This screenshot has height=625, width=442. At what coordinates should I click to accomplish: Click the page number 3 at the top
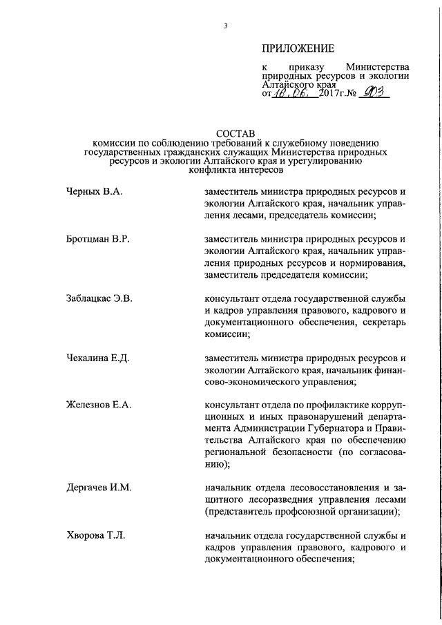point(225,26)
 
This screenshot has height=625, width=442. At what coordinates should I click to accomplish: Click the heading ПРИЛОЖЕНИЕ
point(298,48)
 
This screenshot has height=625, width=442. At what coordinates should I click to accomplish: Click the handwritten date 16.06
point(294,92)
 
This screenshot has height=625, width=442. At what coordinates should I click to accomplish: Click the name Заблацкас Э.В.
point(99,299)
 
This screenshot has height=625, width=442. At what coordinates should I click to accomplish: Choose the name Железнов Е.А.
point(98,404)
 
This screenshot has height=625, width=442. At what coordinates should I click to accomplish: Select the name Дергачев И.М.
point(98,488)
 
